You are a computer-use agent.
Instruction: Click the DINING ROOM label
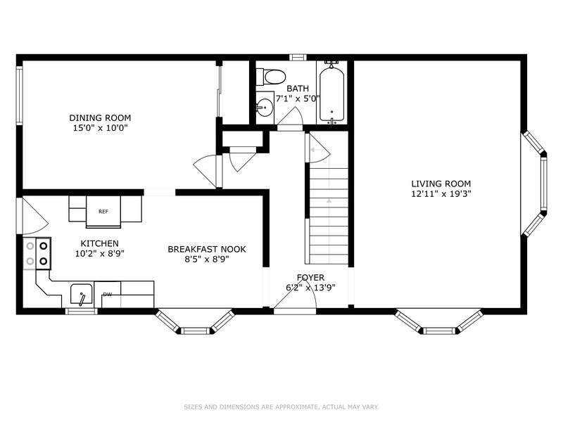coord(100,117)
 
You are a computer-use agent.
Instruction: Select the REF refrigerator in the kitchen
coord(103,211)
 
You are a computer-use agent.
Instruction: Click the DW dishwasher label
coord(107,295)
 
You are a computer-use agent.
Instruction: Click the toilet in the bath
coord(271,76)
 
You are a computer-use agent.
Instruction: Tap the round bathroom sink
coord(265,108)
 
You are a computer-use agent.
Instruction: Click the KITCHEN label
coord(94,243)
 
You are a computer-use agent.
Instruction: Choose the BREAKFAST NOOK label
coord(207,249)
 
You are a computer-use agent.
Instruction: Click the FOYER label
coord(310,278)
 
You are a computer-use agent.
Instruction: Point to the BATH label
coord(297,89)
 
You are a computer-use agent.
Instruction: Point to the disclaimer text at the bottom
coord(281,407)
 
